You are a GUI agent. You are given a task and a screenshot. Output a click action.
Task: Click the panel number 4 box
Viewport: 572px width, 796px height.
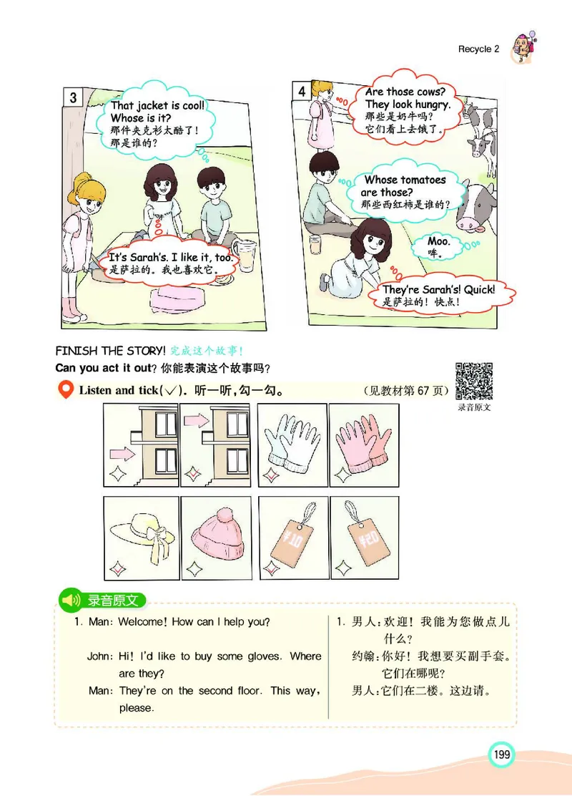302,91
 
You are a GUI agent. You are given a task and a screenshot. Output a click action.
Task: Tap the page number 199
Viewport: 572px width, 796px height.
500,754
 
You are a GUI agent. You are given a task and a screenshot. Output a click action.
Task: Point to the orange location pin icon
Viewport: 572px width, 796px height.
66,390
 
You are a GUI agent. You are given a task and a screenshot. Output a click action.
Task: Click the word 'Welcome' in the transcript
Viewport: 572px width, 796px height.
142,622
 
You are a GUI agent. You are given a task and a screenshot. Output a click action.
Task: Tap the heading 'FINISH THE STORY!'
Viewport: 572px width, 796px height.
110,351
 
